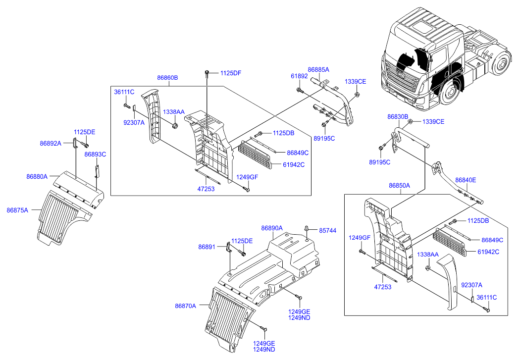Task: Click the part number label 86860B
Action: tap(168, 78)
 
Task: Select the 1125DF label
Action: tap(231, 73)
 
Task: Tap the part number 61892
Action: tap(299, 76)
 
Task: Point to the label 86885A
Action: tap(318, 70)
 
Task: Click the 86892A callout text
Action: tap(51, 144)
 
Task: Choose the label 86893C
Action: tap(95, 154)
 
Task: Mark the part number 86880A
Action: tap(37, 176)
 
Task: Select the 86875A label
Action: tap(17, 210)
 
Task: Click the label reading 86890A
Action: tap(272, 228)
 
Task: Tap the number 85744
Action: tap(327, 231)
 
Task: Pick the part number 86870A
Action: tap(185, 306)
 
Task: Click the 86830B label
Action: tap(398, 117)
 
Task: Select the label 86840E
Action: tap(466, 180)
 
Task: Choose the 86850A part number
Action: tap(400, 186)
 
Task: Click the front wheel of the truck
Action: tap(451, 94)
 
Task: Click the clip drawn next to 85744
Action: tap(308, 229)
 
